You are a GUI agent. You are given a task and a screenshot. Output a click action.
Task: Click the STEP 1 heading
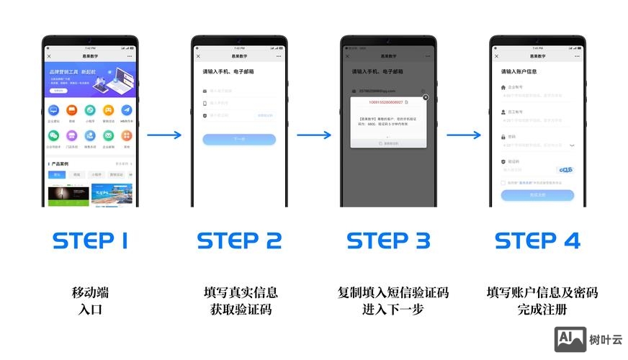click(90, 241)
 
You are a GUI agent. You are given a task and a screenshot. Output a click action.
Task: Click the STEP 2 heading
click(239, 241)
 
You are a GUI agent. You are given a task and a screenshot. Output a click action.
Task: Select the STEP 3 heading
click(388, 241)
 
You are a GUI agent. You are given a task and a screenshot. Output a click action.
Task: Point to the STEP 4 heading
click(537, 241)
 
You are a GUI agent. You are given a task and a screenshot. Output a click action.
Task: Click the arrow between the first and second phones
click(164, 135)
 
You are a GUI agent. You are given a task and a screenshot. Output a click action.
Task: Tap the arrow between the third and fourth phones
click(463, 135)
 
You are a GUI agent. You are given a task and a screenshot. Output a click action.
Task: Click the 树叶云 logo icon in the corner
click(569, 339)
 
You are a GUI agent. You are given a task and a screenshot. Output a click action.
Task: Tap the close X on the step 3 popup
click(425, 97)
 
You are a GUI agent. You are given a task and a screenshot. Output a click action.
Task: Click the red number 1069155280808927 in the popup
click(385, 104)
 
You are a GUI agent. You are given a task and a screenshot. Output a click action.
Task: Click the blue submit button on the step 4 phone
click(537, 195)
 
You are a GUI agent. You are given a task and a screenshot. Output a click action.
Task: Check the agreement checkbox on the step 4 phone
click(503, 183)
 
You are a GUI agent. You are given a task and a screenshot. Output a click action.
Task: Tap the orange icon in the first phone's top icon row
click(71, 110)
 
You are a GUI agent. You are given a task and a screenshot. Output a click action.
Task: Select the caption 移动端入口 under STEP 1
click(90, 301)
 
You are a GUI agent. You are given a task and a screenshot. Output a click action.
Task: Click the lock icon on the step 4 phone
click(503, 137)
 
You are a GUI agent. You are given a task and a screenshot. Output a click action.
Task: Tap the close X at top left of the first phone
click(49, 55)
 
